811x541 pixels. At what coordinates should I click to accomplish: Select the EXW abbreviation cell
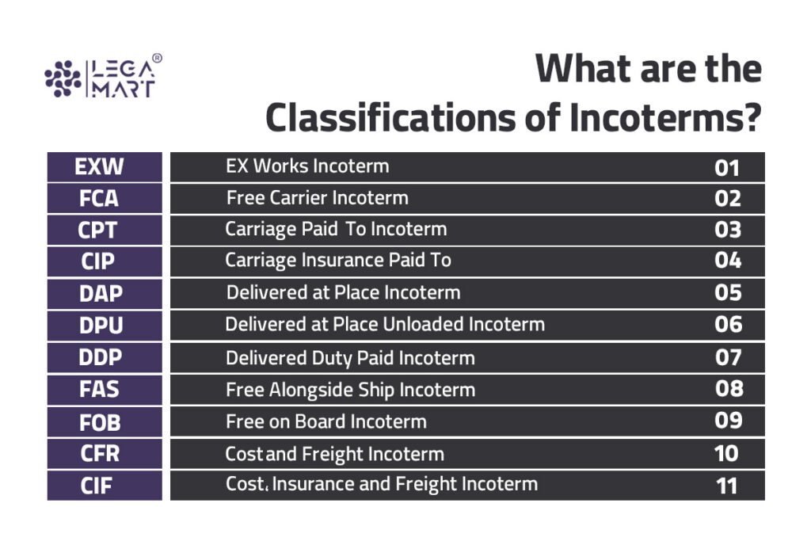point(104,167)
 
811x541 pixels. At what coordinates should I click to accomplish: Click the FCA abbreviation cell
point(104,198)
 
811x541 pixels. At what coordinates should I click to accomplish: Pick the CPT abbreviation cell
point(104,230)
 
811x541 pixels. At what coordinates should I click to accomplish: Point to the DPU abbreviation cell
point(104,326)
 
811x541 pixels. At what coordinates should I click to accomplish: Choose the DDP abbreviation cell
point(104,357)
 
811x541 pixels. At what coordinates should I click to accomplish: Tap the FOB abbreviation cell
point(104,421)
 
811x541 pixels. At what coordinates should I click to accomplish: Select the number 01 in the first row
point(726,167)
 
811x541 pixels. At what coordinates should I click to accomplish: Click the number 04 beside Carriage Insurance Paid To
point(727,261)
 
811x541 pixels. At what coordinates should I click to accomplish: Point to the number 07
point(727,357)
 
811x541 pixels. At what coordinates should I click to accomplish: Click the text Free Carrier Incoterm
point(317,197)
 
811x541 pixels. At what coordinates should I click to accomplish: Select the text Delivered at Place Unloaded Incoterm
point(385,325)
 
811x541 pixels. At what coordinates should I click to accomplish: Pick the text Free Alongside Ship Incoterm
point(350,390)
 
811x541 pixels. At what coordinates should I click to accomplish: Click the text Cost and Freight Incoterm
point(334,454)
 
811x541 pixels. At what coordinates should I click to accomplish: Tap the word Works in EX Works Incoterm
point(280,166)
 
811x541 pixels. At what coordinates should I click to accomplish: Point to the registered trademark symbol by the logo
point(157,59)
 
